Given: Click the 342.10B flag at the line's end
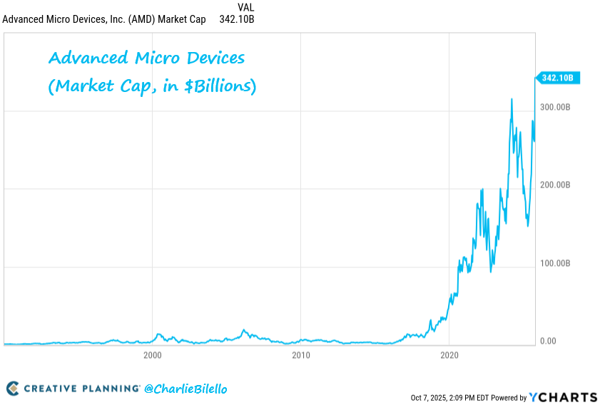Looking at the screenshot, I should click(559, 78).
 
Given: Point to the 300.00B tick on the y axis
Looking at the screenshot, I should click(554, 107).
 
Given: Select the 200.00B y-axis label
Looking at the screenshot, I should click(554, 185).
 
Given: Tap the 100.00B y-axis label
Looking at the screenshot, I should click(554, 263).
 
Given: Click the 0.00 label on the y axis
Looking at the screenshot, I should click(548, 341).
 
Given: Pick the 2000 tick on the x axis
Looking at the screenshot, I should click(152, 354).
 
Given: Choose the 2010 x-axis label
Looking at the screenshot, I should click(300, 354).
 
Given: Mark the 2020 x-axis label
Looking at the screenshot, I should click(449, 354).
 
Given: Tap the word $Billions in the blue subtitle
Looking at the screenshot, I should click(216, 87).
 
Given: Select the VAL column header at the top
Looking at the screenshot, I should click(245, 7).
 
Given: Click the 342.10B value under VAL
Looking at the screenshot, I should click(237, 19).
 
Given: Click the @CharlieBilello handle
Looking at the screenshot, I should click(185, 389).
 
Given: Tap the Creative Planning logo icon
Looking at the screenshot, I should click(13, 389).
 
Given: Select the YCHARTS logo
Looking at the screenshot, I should click(564, 396).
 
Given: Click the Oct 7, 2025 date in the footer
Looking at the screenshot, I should click(432, 397).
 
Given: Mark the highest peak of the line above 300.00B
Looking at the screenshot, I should click(512, 99).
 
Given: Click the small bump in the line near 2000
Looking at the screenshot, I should click(158, 334).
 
